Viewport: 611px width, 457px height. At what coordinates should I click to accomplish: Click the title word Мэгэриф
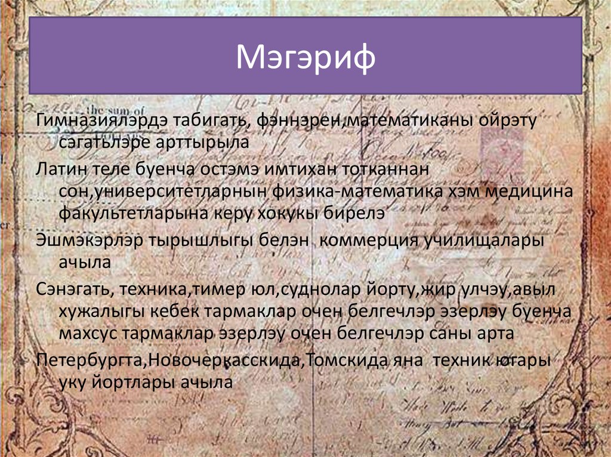305,59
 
